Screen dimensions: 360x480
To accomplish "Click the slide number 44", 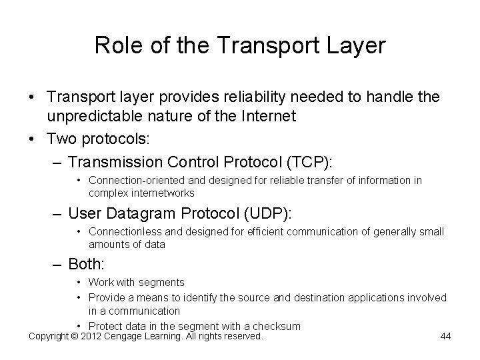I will click(446, 336).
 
